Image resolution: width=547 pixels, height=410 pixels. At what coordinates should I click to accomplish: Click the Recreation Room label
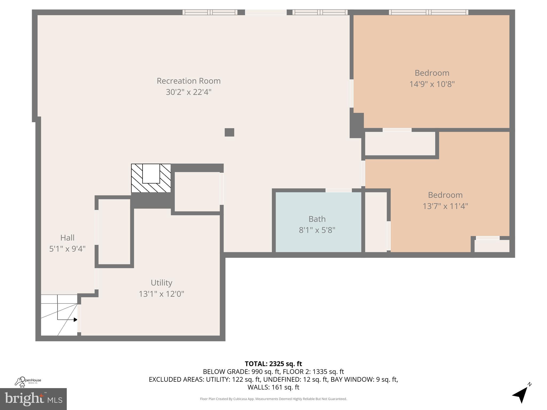coord(189,81)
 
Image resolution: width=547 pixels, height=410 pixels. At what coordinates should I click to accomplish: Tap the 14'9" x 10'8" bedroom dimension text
coord(432,84)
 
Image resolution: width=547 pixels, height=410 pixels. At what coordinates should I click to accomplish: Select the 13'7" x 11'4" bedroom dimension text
coord(445,206)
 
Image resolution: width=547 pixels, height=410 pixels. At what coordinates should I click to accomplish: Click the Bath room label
coord(317,219)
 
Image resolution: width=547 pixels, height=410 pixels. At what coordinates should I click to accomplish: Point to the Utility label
coord(161,283)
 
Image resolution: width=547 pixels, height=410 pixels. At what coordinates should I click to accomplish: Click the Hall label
coord(67,238)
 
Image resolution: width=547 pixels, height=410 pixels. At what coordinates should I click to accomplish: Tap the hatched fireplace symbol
coord(151,178)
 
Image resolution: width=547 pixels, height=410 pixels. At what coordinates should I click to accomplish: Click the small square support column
coord(229,132)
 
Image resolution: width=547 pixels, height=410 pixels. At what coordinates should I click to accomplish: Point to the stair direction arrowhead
coord(76,320)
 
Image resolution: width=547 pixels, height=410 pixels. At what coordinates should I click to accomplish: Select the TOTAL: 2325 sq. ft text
coord(273,364)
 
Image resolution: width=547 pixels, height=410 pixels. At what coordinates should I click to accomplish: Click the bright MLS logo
coord(33,399)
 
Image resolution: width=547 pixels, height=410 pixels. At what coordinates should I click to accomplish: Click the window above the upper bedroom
coord(428,12)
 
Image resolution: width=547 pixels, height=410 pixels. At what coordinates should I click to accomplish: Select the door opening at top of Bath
coord(338,190)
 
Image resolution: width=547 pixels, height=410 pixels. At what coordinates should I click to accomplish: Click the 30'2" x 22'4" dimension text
coord(189,92)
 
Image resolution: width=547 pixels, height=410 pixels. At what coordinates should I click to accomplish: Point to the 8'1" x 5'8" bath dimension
coord(317,230)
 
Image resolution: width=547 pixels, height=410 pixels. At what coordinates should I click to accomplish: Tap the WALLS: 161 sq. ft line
coord(273,387)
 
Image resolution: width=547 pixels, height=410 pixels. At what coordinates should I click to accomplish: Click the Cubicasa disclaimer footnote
coord(273,399)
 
